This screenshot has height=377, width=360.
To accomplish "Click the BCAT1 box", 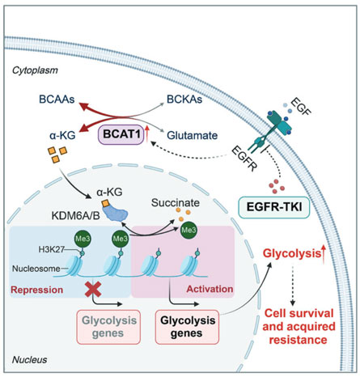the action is pyautogui.click(x=121, y=134).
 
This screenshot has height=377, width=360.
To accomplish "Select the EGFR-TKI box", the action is pyautogui.click(x=274, y=207).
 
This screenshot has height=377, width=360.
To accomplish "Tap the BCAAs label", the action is pyautogui.click(x=57, y=100).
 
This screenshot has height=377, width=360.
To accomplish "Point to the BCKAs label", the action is pyautogui.click(x=184, y=100).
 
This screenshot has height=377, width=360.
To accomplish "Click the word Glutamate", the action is pyautogui.click(x=193, y=135).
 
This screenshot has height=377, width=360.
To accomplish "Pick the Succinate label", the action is pyautogui.click(x=176, y=203).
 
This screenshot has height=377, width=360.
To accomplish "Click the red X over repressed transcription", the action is pyautogui.click(x=93, y=289).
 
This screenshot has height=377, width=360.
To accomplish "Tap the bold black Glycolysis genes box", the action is pyautogui.click(x=187, y=327).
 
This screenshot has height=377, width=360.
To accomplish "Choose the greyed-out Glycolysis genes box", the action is pyautogui.click(x=108, y=327).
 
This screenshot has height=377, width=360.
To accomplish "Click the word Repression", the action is pyautogui.click(x=37, y=290).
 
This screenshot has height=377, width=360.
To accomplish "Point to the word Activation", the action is pyautogui.click(x=210, y=289).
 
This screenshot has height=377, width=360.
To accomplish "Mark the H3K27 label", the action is pyautogui.click(x=51, y=249).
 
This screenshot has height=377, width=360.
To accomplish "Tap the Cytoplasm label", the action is pyautogui.click(x=35, y=70).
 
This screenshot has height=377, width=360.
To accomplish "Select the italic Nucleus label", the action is pyautogui.click(x=29, y=359).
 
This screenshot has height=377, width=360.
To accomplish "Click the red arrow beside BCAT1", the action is pyautogui.click(x=147, y=134).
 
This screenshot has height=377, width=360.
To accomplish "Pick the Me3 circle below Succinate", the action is pyautogui.click(x=188, y=230).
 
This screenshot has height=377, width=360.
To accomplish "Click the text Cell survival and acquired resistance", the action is pyautogui.click(x=299, y=326).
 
